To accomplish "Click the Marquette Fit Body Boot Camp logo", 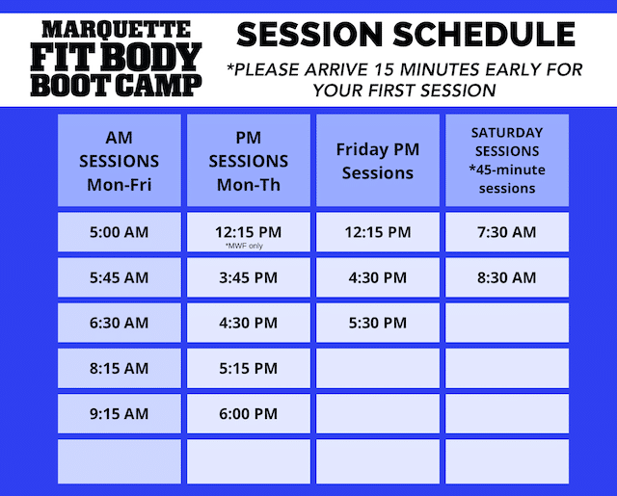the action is [116, 58].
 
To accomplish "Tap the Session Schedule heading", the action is [406, 35].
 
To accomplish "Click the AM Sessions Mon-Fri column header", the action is [120, 160].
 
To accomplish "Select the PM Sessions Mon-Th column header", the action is [249, 160].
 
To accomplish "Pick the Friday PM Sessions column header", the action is [378, 160].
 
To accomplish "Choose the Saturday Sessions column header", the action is [507, 160].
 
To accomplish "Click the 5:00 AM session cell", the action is [120, 232].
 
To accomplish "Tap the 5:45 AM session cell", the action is [120, 277].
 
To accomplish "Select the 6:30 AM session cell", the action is [120, 323].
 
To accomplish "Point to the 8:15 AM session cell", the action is [120, 368].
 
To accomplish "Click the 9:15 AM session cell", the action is [120, 413].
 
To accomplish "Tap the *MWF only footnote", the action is [244, 246].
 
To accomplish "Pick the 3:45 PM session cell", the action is [249, 277].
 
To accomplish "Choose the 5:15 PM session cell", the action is [249, 368].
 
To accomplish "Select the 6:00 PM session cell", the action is [249, 413].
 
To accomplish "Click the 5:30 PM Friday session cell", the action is [378, 323].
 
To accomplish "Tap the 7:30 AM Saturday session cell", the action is [507, 232].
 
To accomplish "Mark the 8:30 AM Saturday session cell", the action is [507, 277].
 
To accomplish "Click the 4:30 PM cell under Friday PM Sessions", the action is [378, 277].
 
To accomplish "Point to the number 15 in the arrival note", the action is [384, 69].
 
